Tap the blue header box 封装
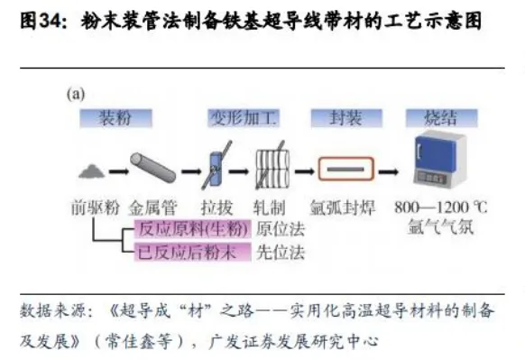[342, 117]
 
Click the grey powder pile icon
[92, 169]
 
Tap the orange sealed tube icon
[344, 169]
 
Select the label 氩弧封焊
[342, 207]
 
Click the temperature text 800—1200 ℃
[441, 207]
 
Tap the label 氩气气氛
[441, 227]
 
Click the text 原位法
[277, 227]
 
